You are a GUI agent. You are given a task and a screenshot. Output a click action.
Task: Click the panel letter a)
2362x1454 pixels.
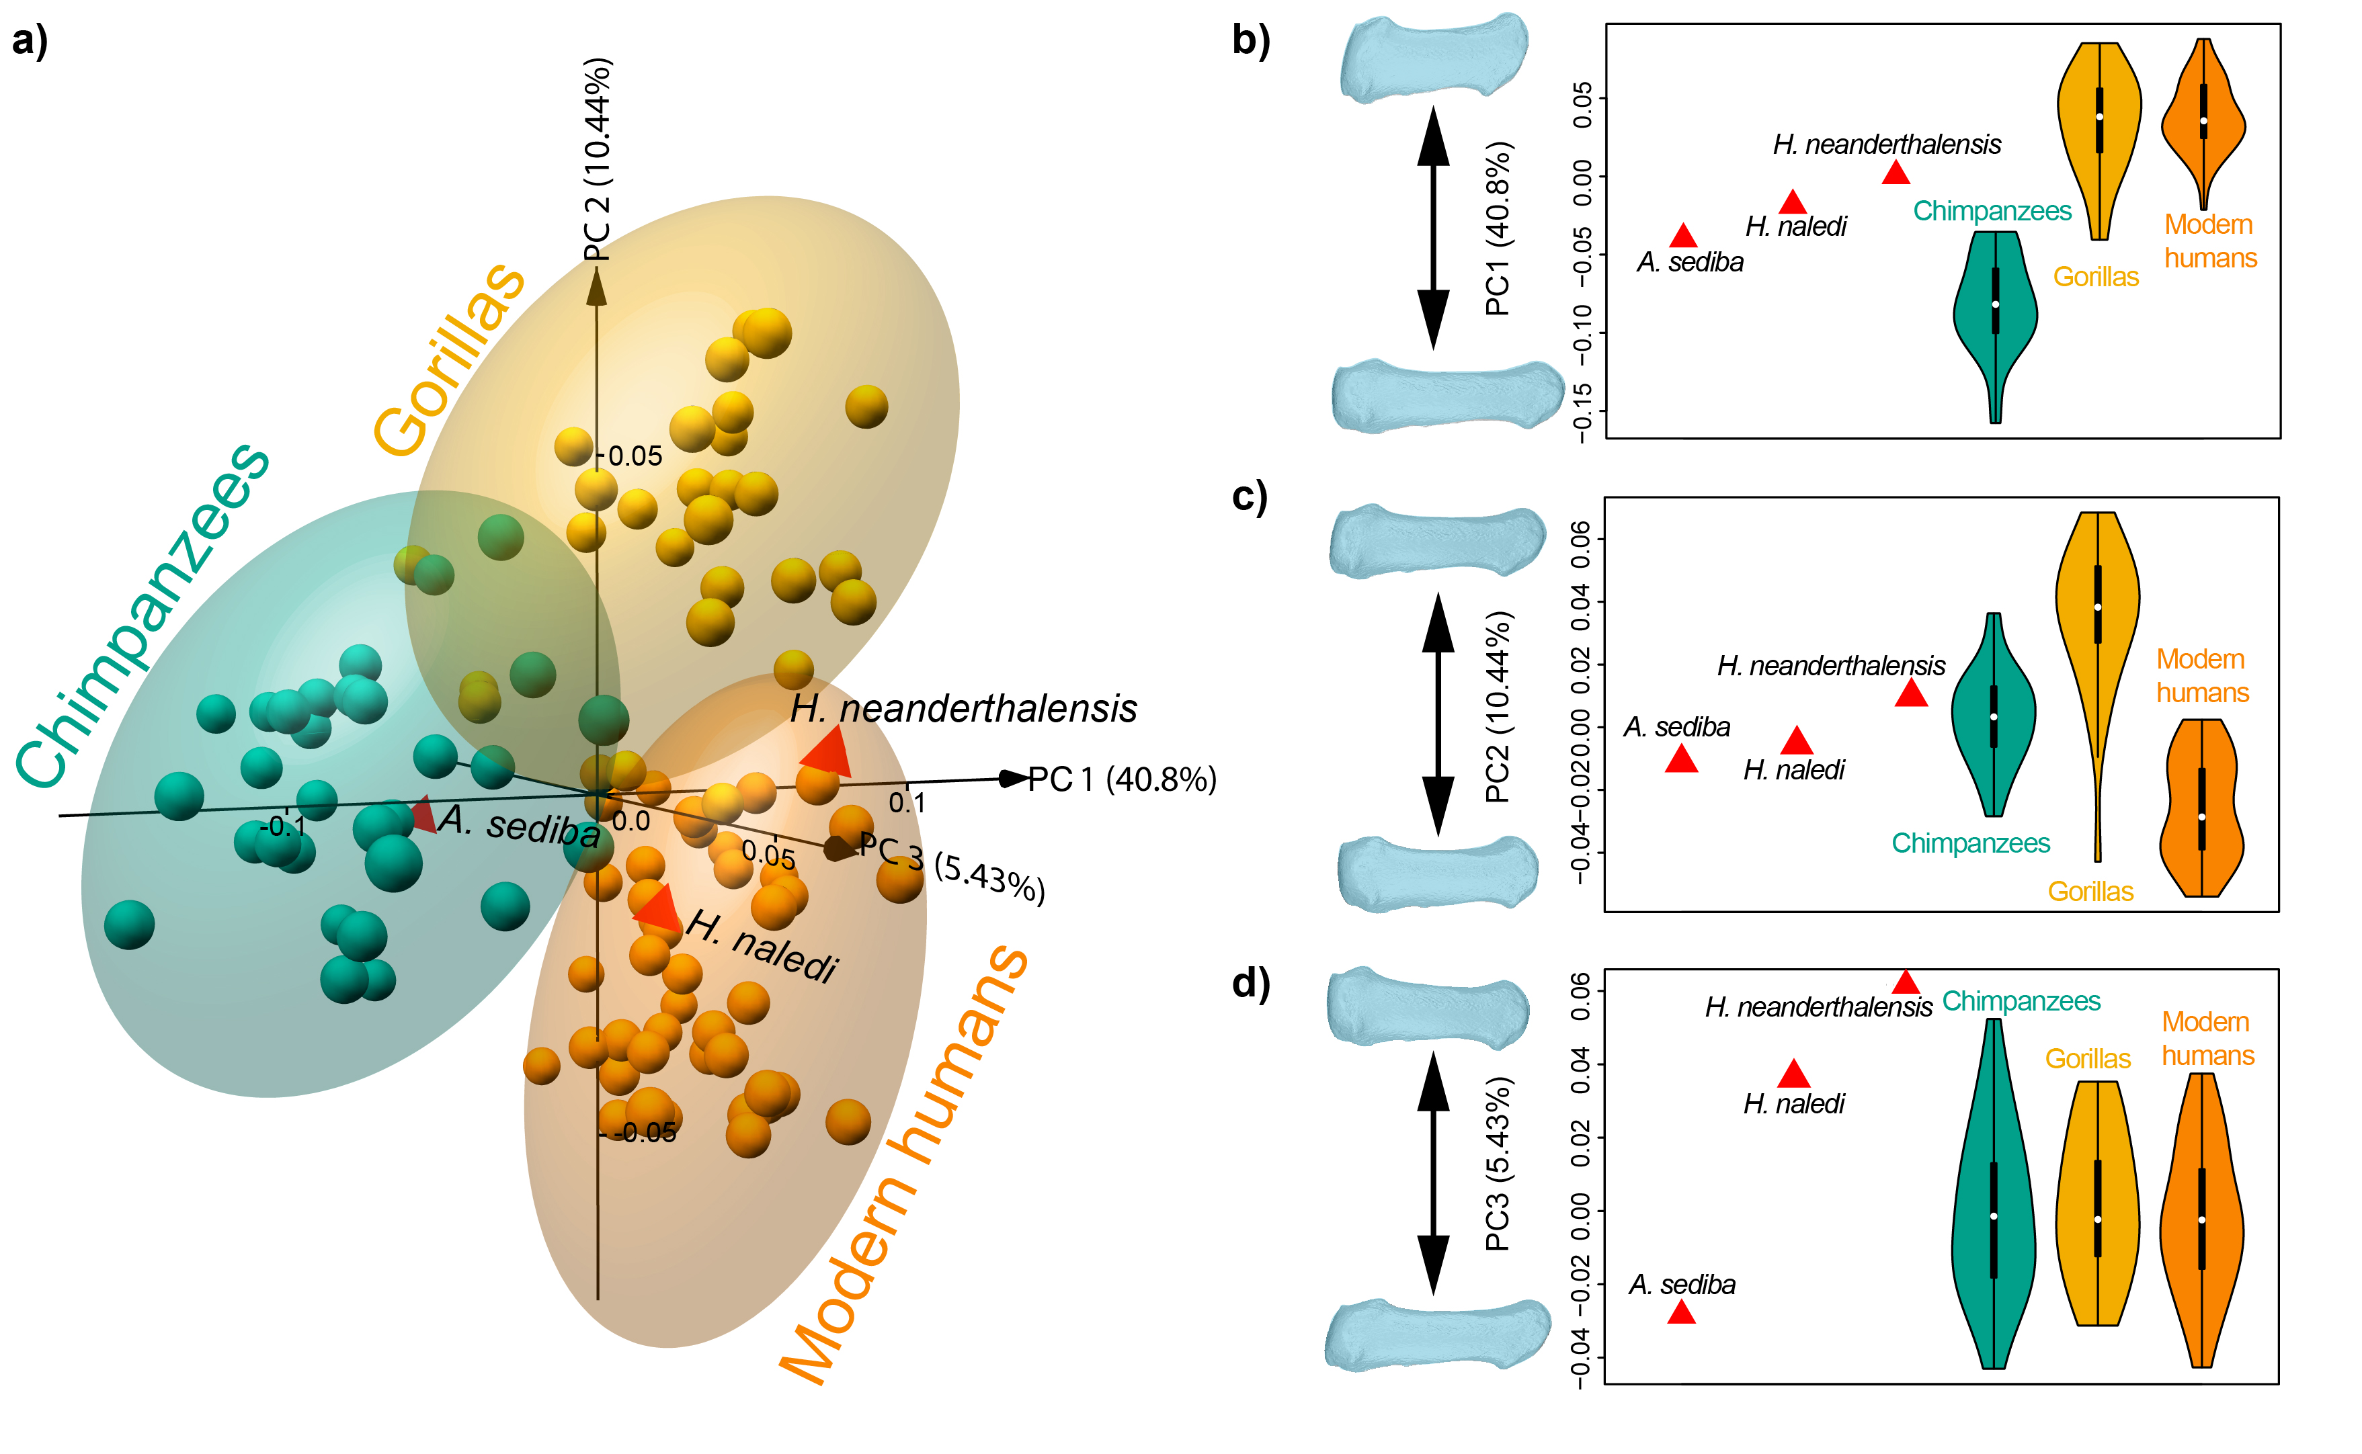[x=29, y=42]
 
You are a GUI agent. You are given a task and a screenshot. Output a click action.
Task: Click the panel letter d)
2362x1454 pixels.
[x=1250, y=984]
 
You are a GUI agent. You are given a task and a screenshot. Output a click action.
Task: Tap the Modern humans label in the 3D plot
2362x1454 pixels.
[x=904, y=1164]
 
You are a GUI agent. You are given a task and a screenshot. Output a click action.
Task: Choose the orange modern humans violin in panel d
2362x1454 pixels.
[x=2201, y=1222]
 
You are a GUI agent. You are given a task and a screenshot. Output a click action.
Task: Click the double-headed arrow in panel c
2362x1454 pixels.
[x=1438, y=714]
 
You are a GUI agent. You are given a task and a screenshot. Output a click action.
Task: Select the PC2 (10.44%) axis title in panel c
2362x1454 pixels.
[x=1498, y=707]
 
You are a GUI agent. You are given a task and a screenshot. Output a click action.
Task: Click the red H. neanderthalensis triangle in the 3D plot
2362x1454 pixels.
[x=827, y=752]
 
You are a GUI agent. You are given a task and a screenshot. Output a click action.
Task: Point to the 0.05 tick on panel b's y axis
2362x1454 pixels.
[x=1581, y=105]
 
